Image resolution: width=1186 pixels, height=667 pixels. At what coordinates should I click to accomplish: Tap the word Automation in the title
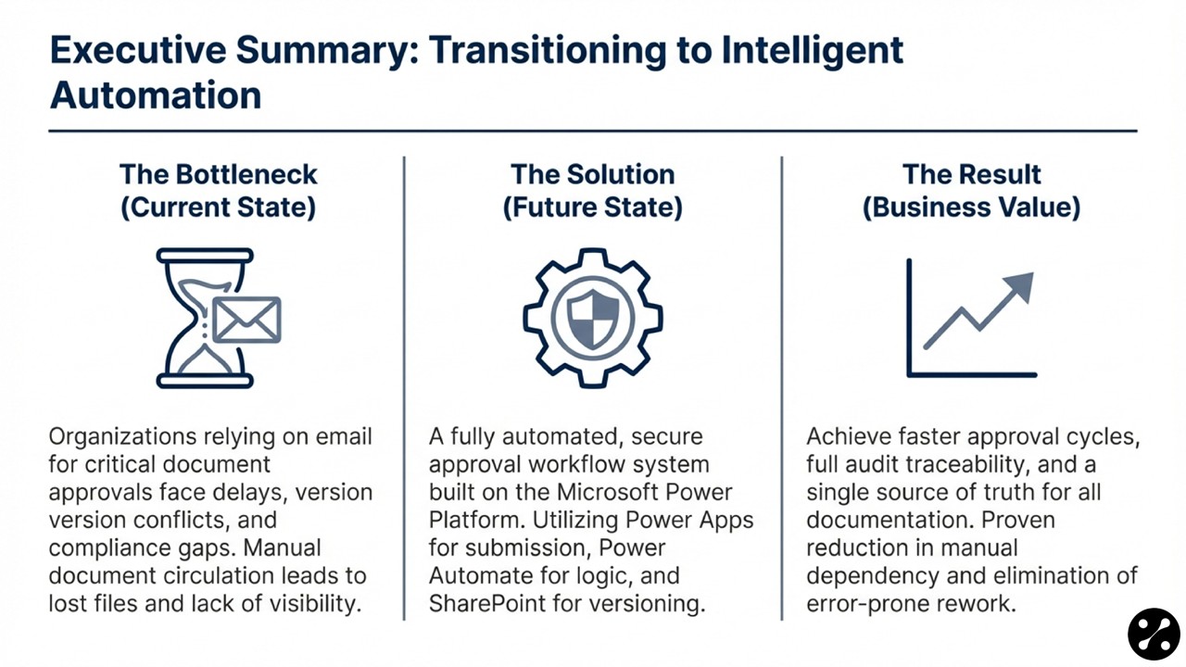(156, 94)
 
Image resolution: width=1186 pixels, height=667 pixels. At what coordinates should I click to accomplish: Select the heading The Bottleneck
(219, 174)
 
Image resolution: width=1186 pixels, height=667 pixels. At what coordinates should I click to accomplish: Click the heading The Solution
(592, 174)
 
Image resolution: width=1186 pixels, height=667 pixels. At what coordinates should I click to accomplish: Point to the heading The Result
(972, 174)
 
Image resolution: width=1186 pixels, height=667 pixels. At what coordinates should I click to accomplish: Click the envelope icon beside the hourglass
(246, 320)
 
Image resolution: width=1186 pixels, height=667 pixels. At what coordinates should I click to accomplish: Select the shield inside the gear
(592, 317)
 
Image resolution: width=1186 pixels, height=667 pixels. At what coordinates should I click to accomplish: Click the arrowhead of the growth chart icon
(1016, 288)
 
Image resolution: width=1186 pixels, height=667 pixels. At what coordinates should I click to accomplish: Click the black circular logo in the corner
(1154, 635)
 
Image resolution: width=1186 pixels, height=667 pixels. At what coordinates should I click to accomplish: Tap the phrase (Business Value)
(972, 208)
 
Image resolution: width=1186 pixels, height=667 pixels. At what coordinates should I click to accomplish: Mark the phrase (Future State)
(592, 208)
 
